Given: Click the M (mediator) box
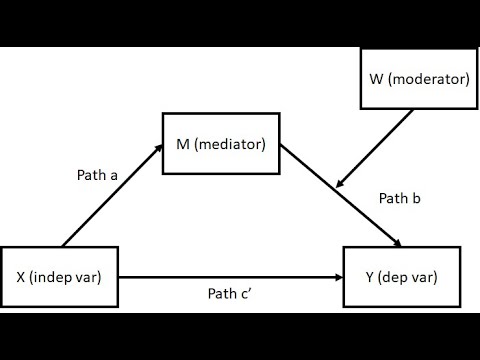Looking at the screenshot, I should click(219, 145).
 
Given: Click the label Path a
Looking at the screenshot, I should click(97, 175).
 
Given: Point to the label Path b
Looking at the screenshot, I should click(399, 199).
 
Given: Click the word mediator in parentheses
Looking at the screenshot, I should click(231, 145).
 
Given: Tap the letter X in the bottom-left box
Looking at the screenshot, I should click(21, 276).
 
